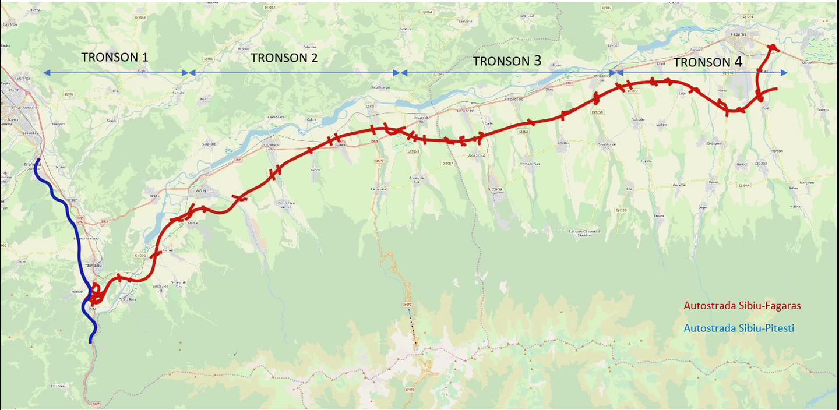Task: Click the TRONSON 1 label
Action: tap(115, 57)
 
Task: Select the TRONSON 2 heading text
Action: tap(284, 58)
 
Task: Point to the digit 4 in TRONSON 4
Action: tap(738, 62)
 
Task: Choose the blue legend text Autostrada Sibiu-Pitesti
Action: tap(739, 328)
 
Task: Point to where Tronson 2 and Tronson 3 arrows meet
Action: tap(400, 73)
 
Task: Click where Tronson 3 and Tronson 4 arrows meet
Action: tap(615, 73)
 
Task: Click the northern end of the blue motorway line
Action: tap(38, 160)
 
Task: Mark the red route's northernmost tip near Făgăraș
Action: tap(773, 47)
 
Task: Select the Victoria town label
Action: tap(492, 189)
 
